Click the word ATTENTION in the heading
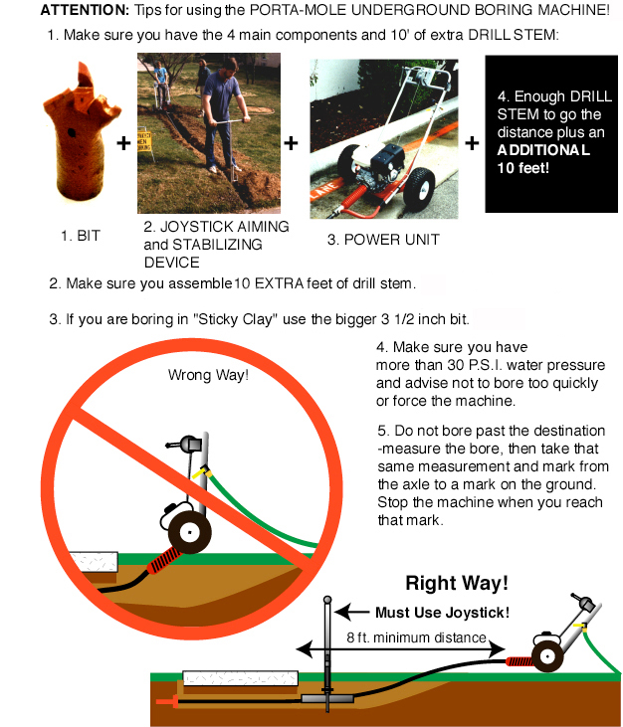click(x=85, y=10)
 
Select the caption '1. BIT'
click(x=81, y=236)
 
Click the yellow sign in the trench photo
click(x=144, y=140)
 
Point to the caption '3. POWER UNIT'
click(x=383, y=240)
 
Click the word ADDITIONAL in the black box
click(x=543, y=150)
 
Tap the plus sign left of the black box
click(x=472, y=143)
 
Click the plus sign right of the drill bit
click(x=123, y=143)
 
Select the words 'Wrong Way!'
click(x=208, y=375)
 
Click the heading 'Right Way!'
click(x=457, y=583)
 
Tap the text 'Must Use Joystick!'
click(x=442, y=613)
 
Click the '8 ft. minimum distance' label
click(x=417, y=637)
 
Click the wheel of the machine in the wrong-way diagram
click(x=189, y=532)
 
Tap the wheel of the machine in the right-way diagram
click(x=547, y=656)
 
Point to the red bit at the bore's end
click(x=167, y=701)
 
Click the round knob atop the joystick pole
click(x=327, y=600)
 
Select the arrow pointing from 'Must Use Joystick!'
click(x=352, y=612)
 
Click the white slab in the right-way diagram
click(x=240, y=678)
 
